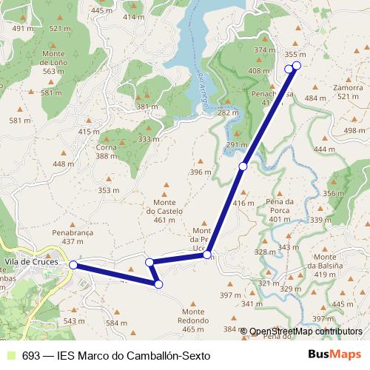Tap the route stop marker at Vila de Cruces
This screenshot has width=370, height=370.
73,264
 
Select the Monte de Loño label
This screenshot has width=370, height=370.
58,64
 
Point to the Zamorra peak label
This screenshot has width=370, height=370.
347,87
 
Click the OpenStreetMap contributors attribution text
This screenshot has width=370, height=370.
306,331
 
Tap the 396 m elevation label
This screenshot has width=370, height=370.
200,172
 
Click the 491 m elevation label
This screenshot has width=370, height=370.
24,28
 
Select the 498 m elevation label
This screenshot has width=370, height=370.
354,131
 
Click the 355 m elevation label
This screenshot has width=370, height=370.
295,54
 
